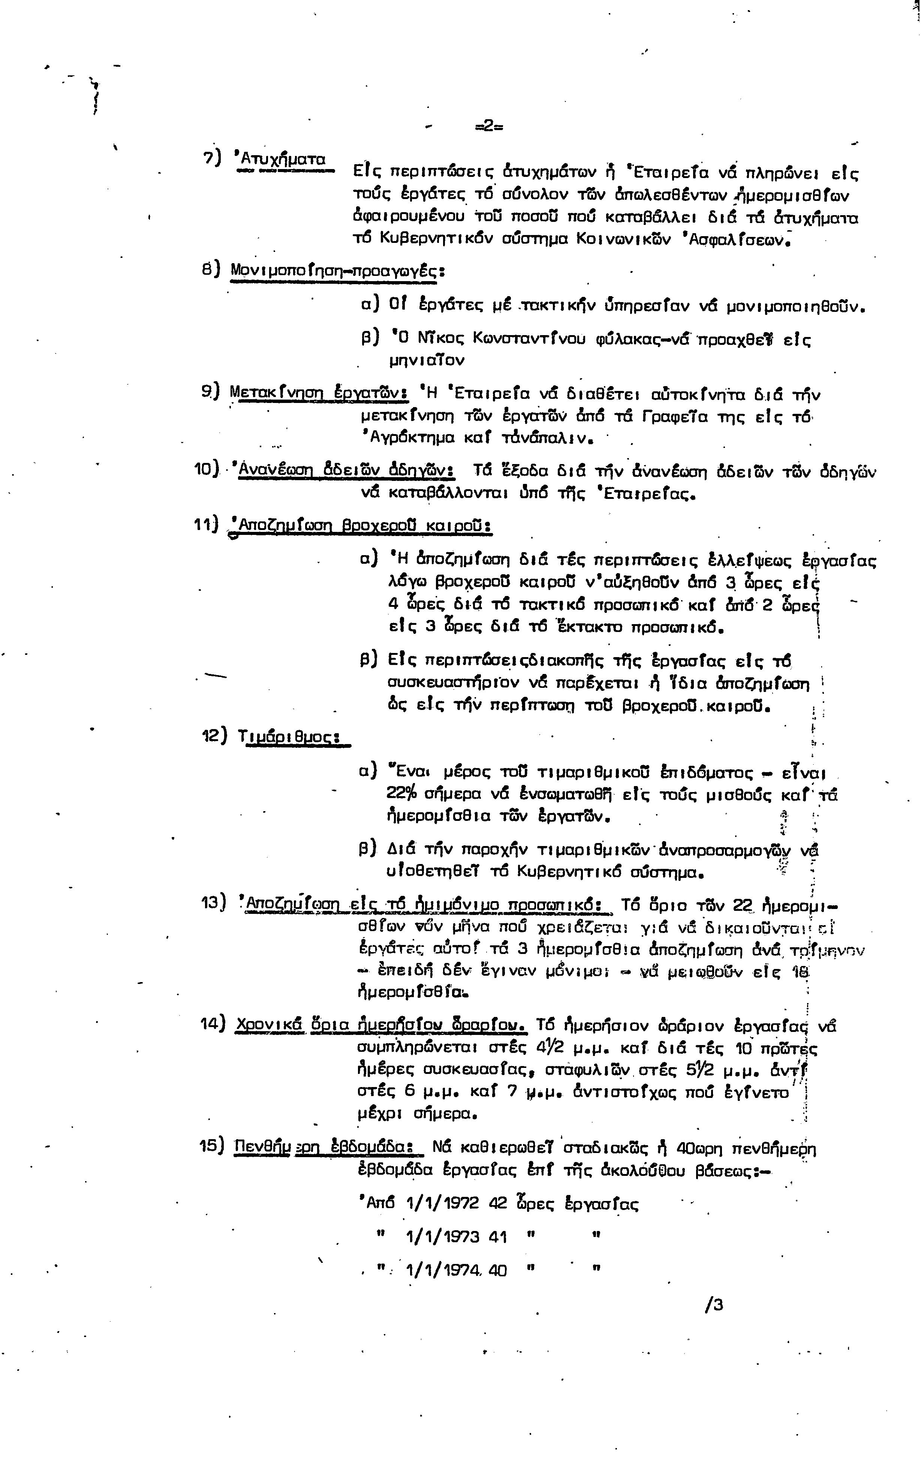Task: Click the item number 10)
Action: coord(207,470)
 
